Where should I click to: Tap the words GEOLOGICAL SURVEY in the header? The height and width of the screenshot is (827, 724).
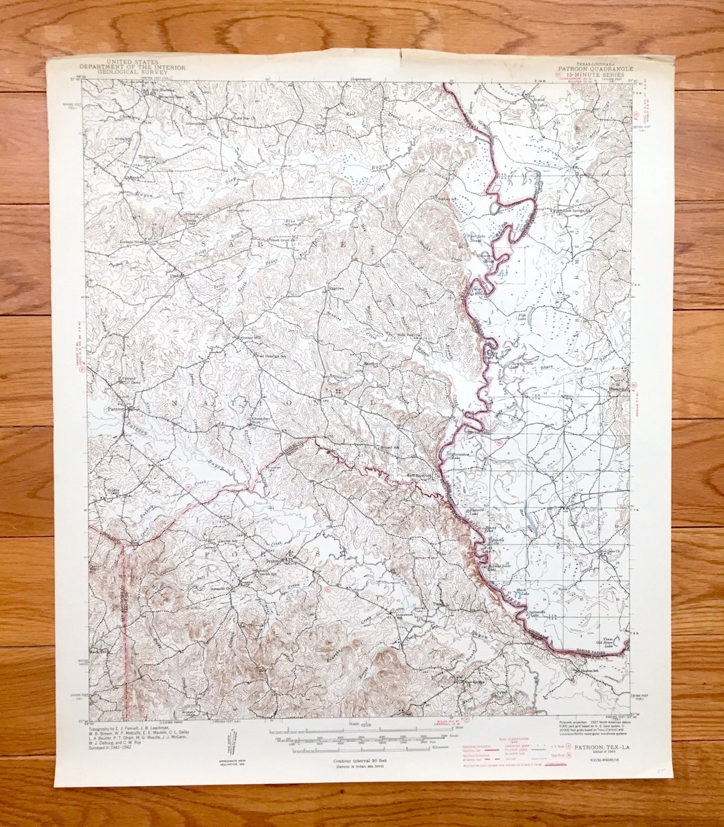132,72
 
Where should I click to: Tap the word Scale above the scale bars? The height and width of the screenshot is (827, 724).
353,724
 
